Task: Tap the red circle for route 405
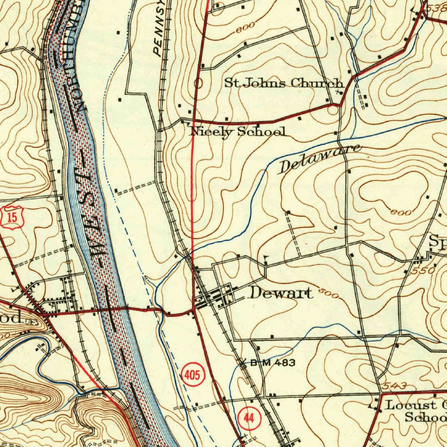192,375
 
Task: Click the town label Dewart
280,293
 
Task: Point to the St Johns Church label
283,83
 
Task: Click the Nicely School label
238,131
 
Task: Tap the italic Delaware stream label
320,158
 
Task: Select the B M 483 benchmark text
273,362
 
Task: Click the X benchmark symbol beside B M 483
244,362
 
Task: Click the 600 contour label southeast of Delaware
401,213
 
